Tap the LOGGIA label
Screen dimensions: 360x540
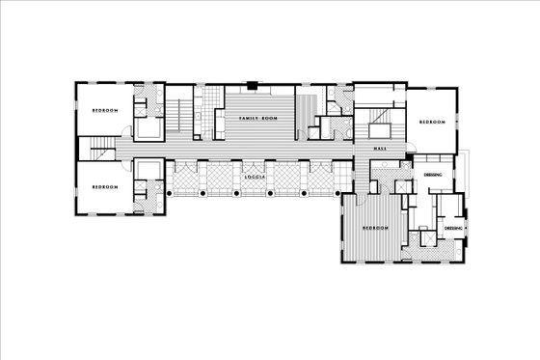click(x=256, y=178)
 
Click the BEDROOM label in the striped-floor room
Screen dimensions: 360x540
click(x=375, y=229)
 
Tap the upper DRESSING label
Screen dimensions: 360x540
click(x=433, y=175)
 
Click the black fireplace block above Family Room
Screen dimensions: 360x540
click(x=253, y=85)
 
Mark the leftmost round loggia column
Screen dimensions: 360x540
click(x=170, y=194)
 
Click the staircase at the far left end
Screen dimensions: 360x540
click(x=97, y=149)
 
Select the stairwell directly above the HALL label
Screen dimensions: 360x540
click(x=379, y=125)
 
